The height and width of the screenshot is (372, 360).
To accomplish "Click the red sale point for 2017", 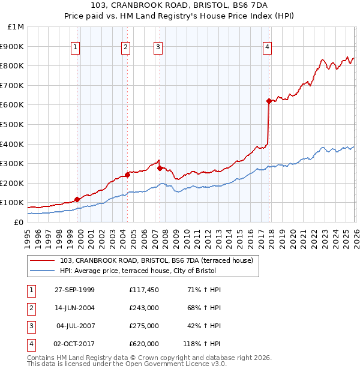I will tap(269, 101).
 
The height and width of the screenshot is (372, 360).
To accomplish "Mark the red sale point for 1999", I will tap(77, 199).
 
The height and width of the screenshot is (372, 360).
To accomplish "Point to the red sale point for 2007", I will tap(160, 169).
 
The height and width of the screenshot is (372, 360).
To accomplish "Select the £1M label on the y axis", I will tap(16, 26).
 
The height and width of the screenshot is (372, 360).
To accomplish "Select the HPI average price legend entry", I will tap(141, 271).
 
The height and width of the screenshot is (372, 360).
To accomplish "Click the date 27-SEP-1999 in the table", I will tap(74, 290).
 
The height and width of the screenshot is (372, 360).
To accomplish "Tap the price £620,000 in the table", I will tap(144, 344).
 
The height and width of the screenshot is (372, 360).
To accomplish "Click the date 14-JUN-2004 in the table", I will tap(74, 308).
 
